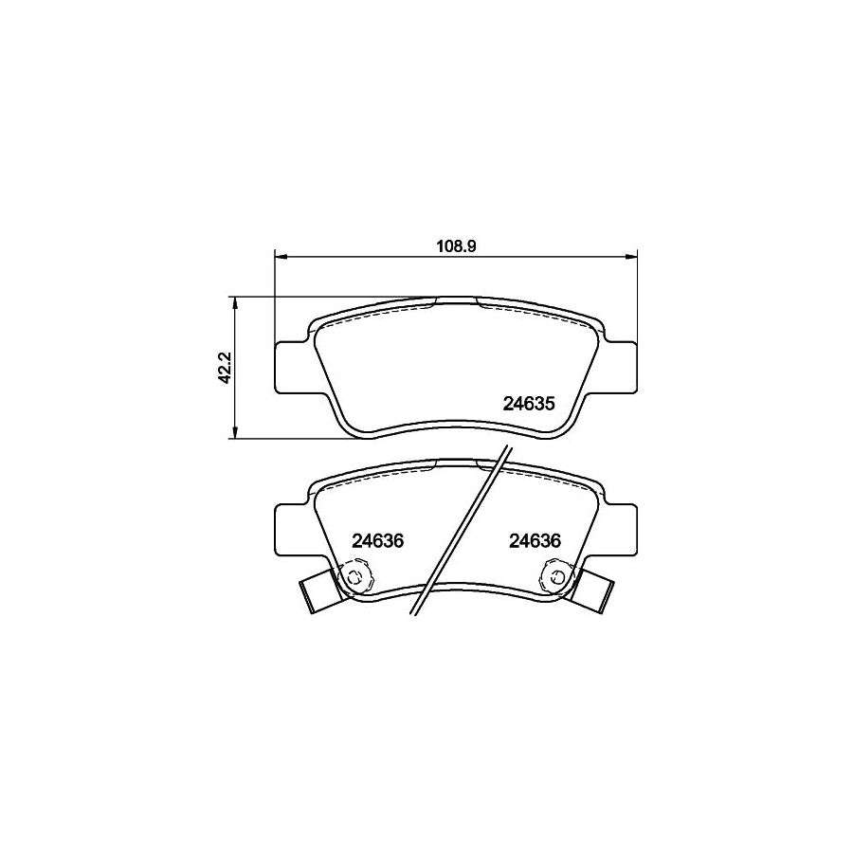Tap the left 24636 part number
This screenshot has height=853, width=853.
click(378, 541)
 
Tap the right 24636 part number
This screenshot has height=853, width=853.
click(535, 541)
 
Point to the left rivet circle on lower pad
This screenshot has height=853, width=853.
click(354, 575)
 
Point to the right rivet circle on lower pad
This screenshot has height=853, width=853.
click(557, 575)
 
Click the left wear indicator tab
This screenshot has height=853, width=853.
click(317, 592)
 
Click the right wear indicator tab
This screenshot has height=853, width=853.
click(595, 592)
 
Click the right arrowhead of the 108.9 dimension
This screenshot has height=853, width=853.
click(632, 255)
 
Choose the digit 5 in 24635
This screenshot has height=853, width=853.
click(548, 403)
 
